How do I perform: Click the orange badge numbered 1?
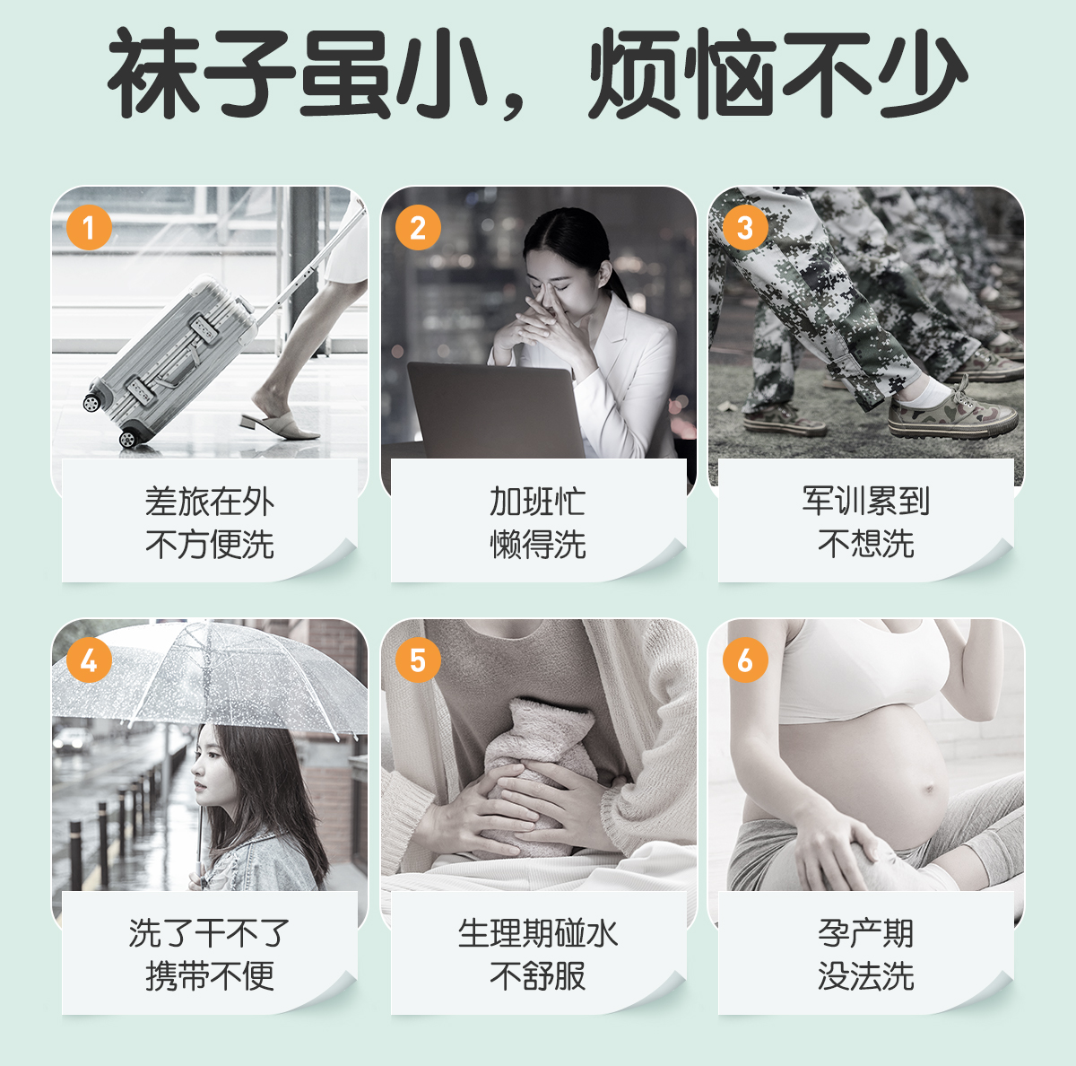coord(89,228)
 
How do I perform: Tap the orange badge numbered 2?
coord(418,228)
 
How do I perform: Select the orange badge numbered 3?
coord(745,228)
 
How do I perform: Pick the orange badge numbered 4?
coord(89,660)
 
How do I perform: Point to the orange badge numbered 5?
coord(418,660)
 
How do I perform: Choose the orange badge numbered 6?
coord(745,660)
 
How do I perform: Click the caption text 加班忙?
coord(538,502)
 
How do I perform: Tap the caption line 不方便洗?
coord(210,545)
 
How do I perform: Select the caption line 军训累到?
coord(865,502)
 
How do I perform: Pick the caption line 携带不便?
coord(210,976)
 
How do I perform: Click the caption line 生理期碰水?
coord(538,933)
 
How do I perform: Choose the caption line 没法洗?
coord(865,976)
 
